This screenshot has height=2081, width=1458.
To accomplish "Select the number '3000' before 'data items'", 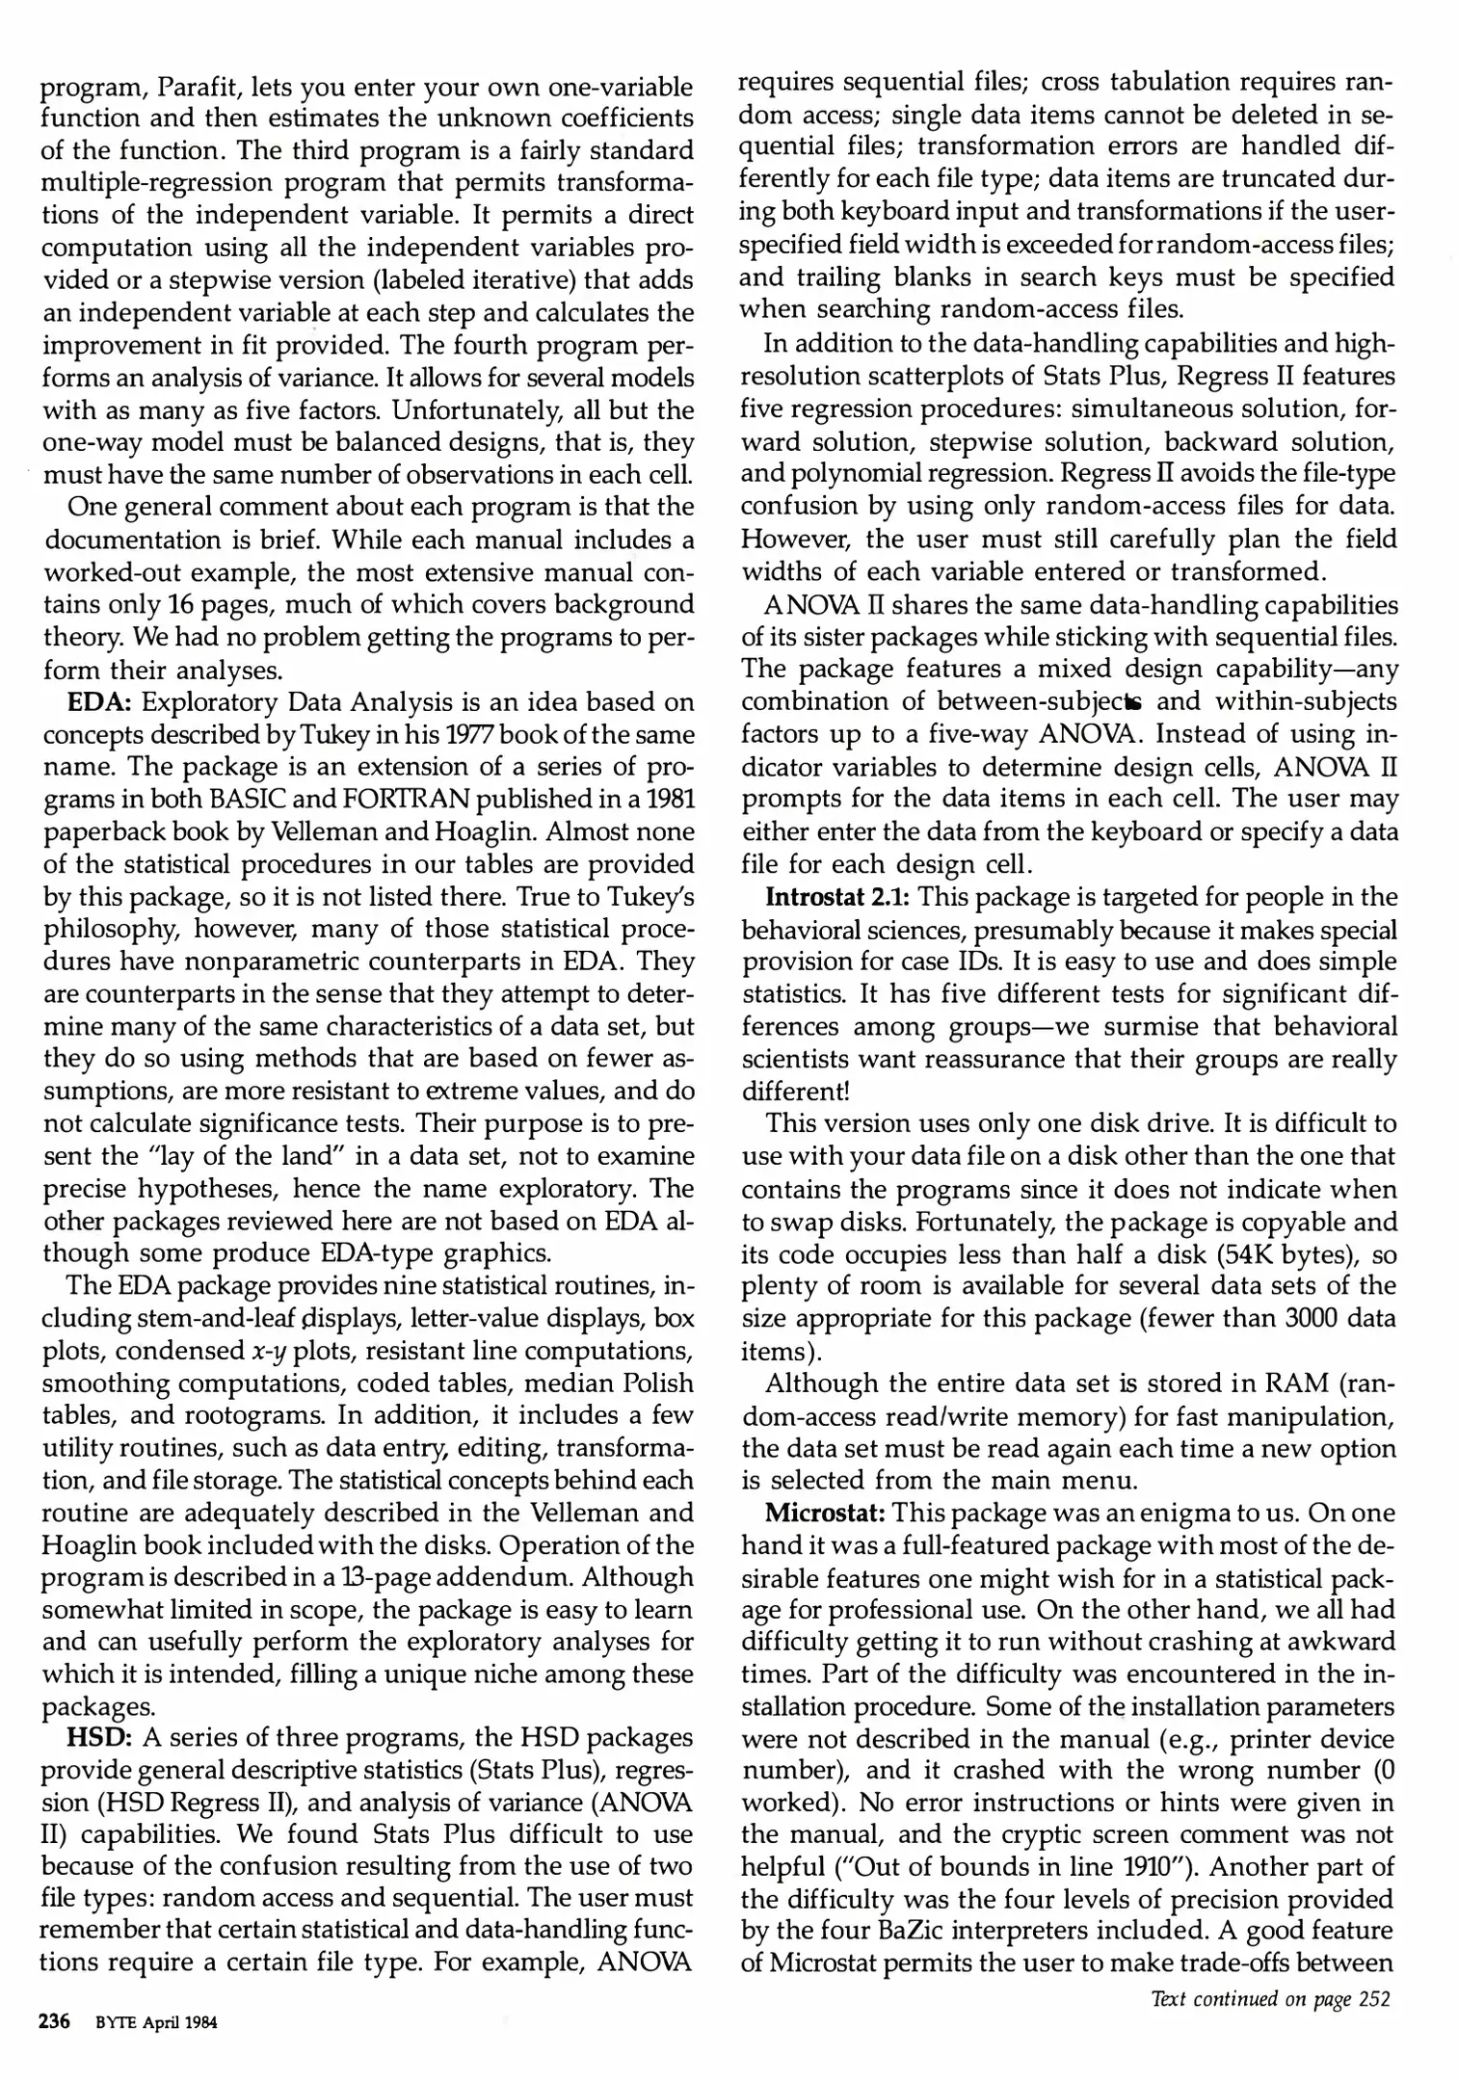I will click(x=1318, y=1319).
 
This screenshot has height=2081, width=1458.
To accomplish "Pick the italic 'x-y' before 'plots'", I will click(x=268, y=1352).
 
